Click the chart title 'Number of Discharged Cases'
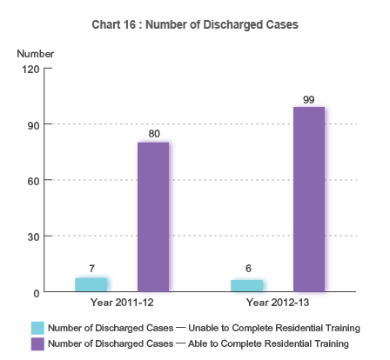[195, 25]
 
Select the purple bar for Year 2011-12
[153, 217]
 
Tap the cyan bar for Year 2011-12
[91, 284]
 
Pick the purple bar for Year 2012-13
[308, 199]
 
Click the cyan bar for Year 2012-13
[246, 285]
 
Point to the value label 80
[153, 134]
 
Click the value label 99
[308, 99]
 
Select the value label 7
[91, 269]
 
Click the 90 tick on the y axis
[34, 124]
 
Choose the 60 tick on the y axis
[34, 180]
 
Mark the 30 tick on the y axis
[34, 237]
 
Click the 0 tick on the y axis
[37, 292]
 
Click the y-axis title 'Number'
[36, 54]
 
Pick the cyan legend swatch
[37, 328]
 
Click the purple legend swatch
[37, 344]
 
